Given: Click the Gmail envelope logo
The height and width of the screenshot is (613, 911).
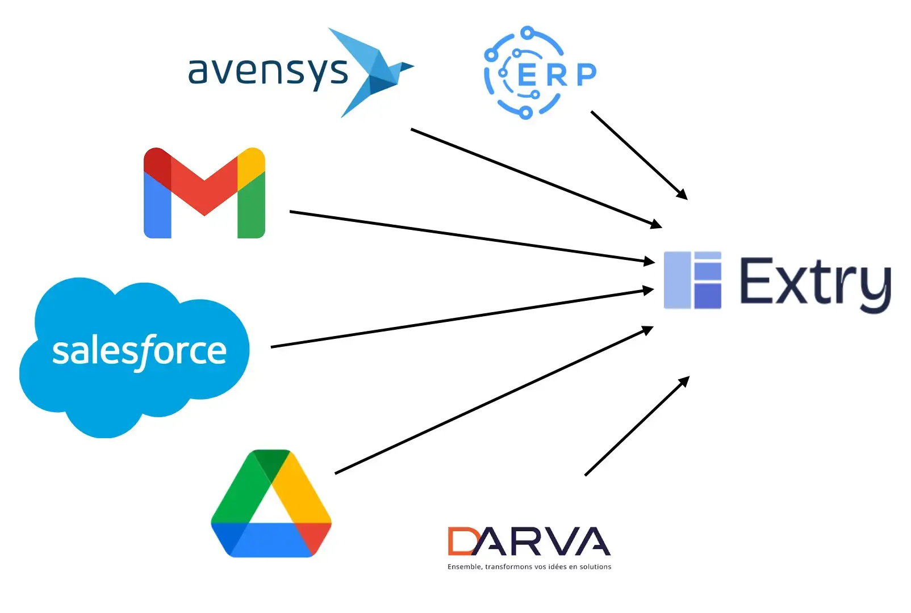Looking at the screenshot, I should tap(204, 193).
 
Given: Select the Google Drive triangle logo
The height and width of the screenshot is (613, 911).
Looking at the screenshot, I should tap(271, 505).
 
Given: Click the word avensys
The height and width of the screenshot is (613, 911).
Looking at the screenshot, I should tap(268, 72).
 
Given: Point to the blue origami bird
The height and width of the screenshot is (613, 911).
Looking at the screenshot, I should tap(372, 71).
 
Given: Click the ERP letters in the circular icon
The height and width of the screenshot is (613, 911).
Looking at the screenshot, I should tap(557, 74).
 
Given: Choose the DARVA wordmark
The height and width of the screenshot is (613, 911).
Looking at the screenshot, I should tap(529, 541).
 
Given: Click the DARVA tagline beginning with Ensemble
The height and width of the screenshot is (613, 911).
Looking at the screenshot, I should tap(529, 566).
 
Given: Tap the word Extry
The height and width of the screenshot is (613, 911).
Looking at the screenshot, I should tap(815, 282).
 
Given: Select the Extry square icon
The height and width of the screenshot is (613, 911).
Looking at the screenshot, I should tap(692, 280).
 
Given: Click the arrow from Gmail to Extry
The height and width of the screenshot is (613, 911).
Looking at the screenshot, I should tap(471, 237).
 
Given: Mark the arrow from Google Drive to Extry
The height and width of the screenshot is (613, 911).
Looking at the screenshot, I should tap(494, 400).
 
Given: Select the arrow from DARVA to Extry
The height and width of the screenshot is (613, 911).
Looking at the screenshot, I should tap(637, 426).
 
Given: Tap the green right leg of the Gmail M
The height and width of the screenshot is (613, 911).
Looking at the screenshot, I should tap(251, 207).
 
